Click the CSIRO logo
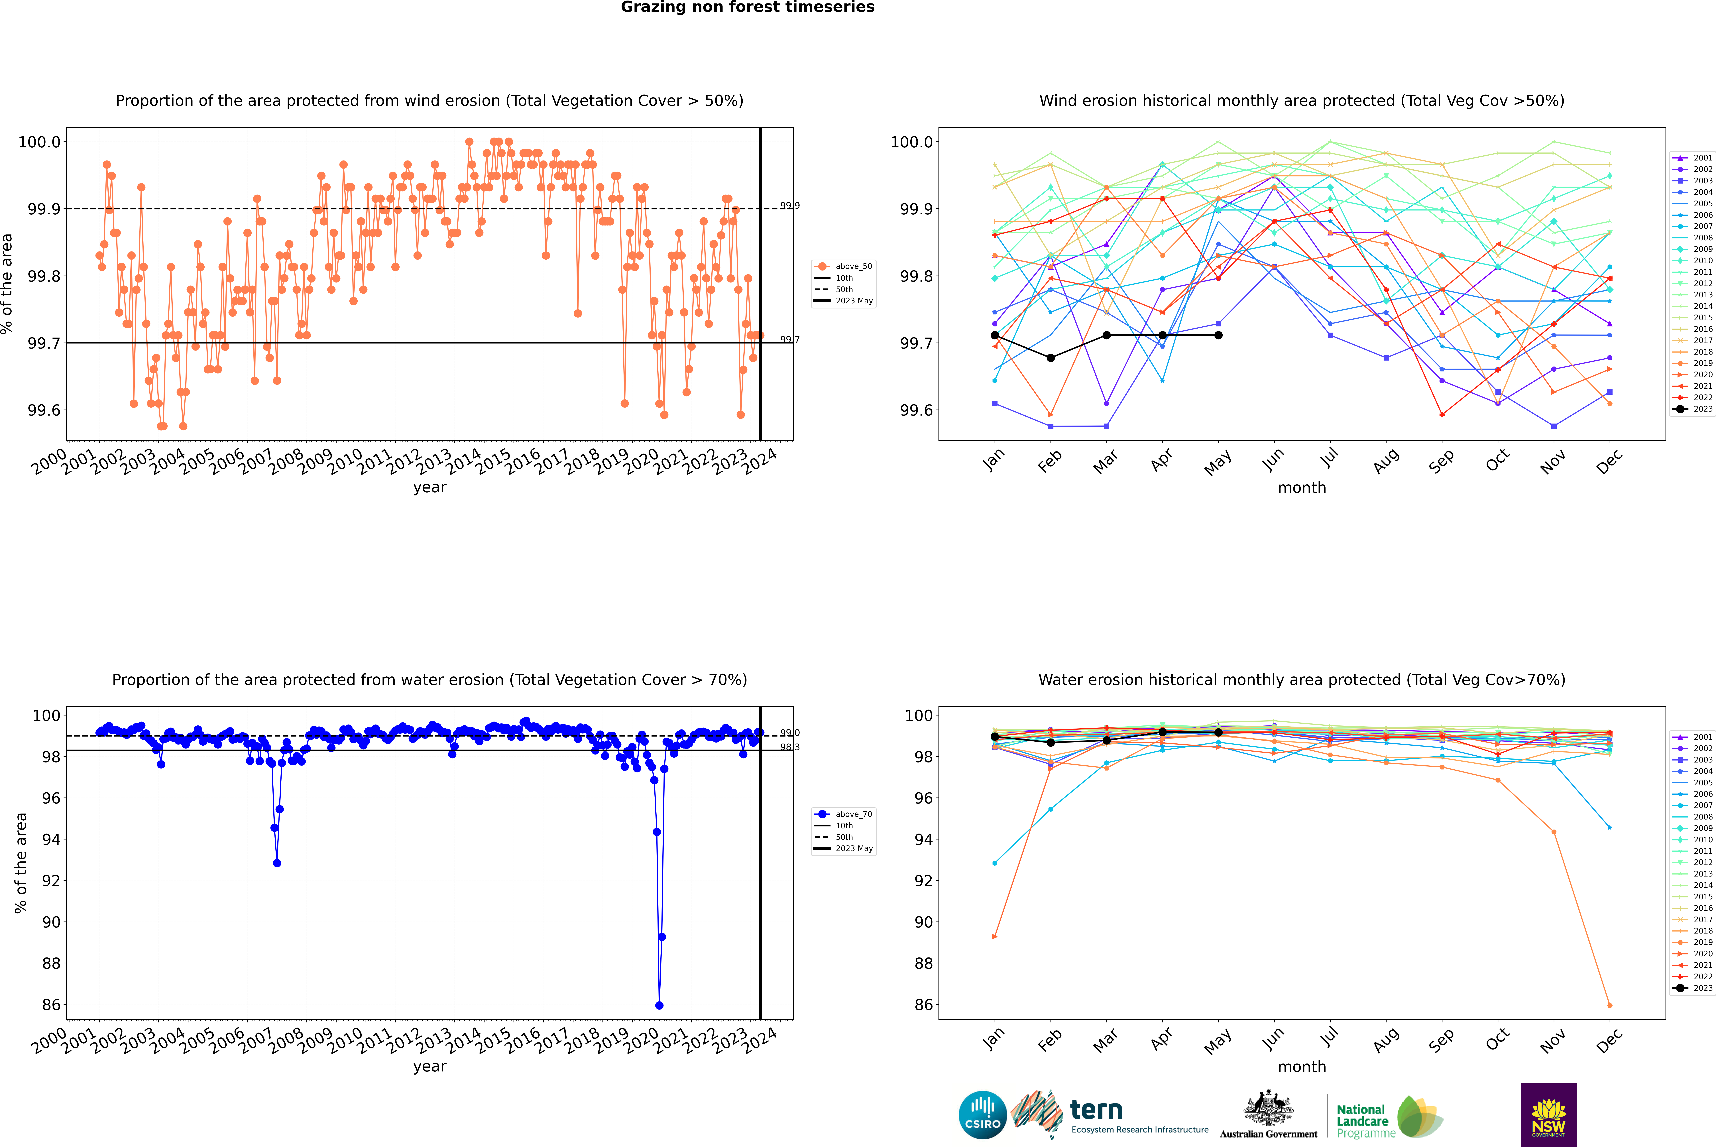point(982,1115)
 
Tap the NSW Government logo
point(1548,1115)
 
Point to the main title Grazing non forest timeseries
point(748,7)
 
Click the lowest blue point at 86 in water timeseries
point(659,1005)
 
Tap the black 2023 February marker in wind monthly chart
point(1050,358)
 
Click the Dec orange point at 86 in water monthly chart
point(1609,1005)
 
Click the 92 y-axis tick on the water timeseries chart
point(51,881)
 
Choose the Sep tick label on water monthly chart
point(1441,1039)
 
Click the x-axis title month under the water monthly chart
point(1301,1067)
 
